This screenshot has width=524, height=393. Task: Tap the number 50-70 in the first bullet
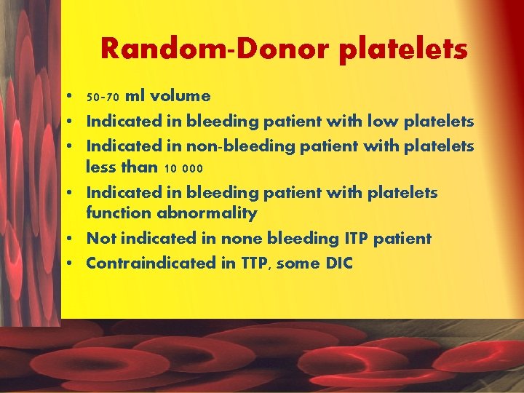(x=103, y=97)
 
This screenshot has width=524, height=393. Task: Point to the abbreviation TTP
(x=255, y=263)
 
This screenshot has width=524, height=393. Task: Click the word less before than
(x=102, y=167)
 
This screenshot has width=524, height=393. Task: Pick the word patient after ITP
(x=405, y=238)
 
